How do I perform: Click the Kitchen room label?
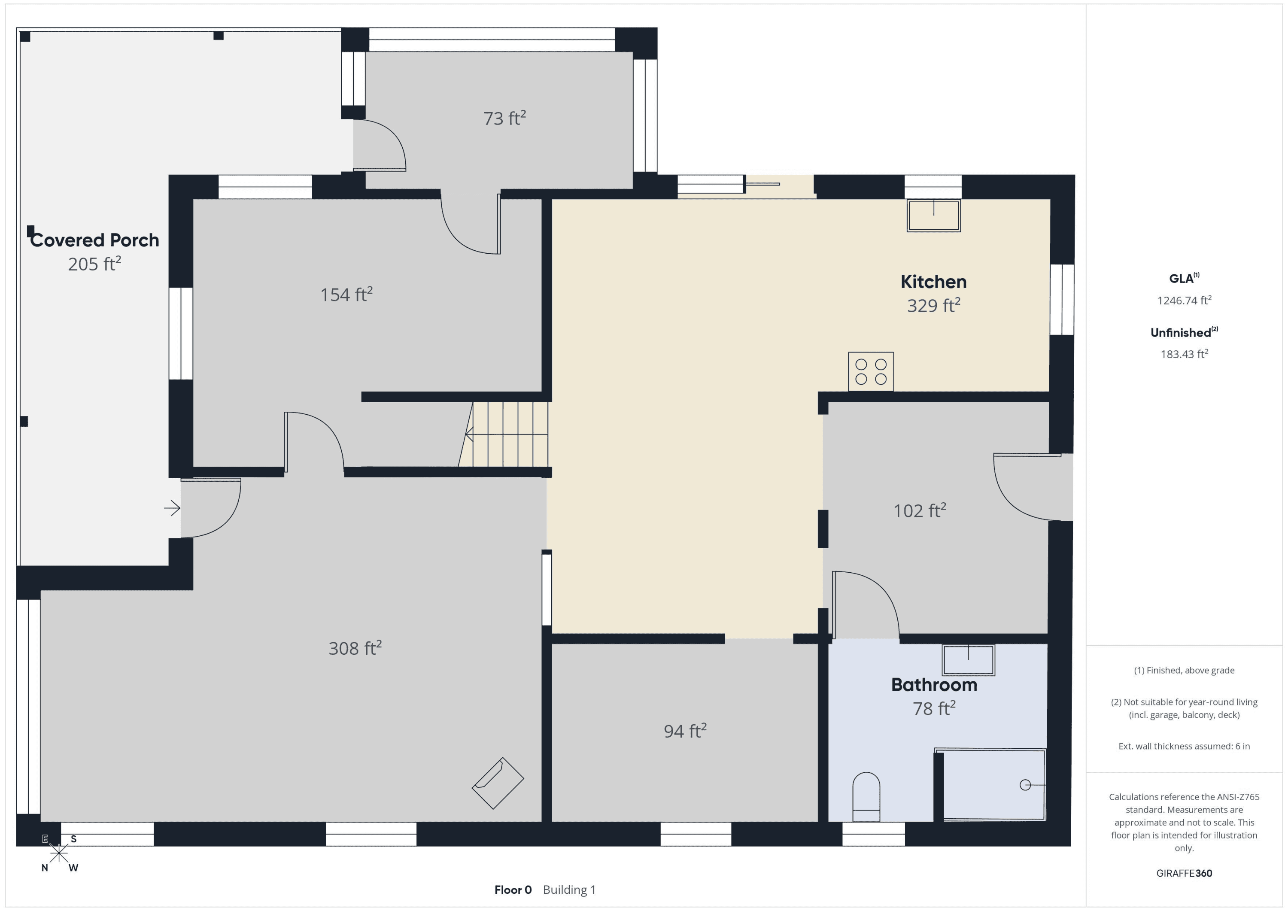(933, 282)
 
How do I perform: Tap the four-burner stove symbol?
(871, 371)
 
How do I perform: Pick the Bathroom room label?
(934, 685)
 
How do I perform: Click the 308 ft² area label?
(355, 648)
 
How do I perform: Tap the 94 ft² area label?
(685, 730)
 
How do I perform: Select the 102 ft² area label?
(920, 510)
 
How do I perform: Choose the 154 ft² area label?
(346, 295)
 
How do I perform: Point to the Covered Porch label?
(94, 240)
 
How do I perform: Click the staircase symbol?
(504, 434)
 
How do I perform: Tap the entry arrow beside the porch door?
(172, 508)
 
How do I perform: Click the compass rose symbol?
(59, 853)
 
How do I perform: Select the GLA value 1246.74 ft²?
(1184, 300)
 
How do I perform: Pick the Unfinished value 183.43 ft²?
(1184, 354)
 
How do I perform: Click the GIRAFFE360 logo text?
(1184, 873)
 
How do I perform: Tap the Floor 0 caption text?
(513, 890)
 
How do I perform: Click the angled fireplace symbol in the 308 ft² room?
(498, 783)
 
